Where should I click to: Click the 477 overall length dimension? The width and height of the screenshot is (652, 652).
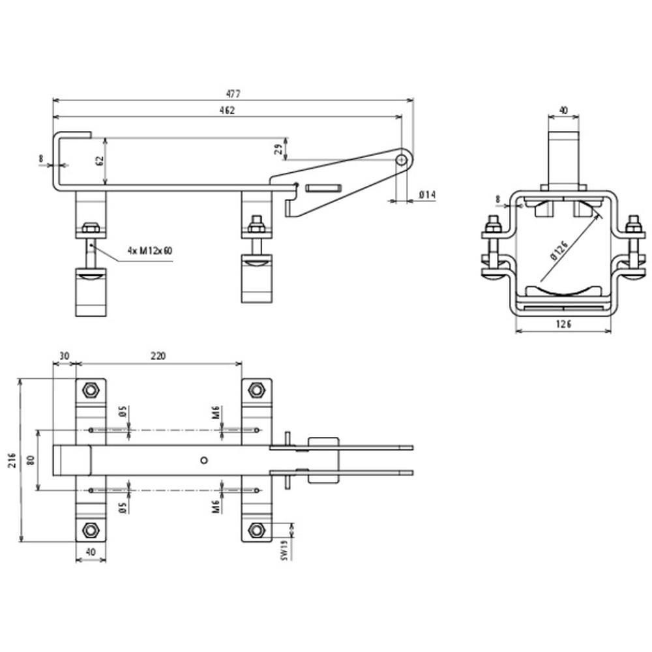coord(233,94)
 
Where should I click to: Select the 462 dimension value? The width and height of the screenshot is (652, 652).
coord(227,110)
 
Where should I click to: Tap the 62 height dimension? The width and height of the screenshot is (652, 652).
coord(100,161)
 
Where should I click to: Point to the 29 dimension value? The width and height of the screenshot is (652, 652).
coord(278,149)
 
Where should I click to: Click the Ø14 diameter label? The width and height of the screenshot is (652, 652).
coord(427,194)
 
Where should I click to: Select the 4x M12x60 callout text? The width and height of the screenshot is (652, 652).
coord(150,251)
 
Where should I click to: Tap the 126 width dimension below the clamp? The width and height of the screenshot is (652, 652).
coord(563,323)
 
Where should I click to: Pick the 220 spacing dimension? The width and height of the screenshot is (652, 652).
coord(158,356)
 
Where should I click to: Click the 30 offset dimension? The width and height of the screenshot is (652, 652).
coord(64,357)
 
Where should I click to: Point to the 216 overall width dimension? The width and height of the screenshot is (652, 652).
coord(12,460)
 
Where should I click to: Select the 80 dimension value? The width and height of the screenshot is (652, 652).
coord(31,460)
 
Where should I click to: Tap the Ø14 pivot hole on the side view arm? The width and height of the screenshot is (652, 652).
coord(401,160)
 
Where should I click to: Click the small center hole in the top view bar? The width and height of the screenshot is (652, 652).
coord(203,460)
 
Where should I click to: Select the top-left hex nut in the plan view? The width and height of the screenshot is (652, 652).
coord(90,390)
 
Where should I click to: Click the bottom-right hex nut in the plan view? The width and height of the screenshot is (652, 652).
coord(256,530)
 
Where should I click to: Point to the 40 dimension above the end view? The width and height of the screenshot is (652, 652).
coord(563,111)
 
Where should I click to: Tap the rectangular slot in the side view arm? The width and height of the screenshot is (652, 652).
coord(323,188)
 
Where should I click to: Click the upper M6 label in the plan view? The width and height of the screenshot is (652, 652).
coord(215,413)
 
